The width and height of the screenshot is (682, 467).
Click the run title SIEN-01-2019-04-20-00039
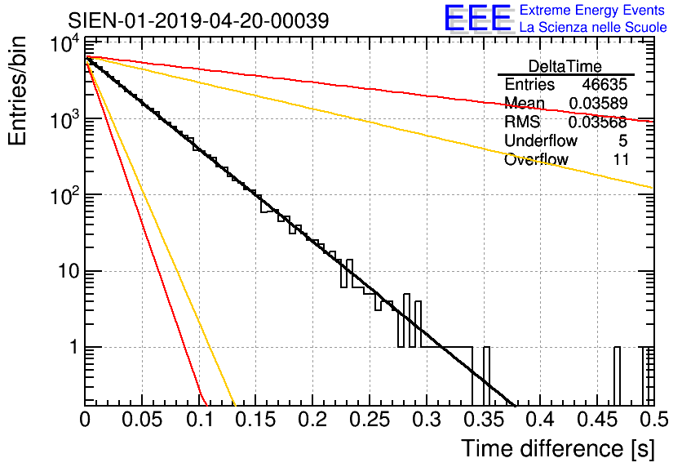[198, 20]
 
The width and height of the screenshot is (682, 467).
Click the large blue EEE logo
[477, 19]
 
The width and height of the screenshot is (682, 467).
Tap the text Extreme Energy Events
[593, 11]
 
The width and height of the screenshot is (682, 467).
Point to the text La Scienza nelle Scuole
[593, 28]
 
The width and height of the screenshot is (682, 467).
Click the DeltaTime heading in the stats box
[565, 66]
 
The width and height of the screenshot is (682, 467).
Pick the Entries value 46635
[605, 85]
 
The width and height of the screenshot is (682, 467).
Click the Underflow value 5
[623, 141]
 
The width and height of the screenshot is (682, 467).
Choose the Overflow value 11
[621, 160]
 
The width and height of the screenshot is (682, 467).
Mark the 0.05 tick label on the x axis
[143, 420]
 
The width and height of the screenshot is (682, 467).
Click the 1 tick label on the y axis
[73, 348]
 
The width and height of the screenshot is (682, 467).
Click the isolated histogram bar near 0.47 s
[617, 376]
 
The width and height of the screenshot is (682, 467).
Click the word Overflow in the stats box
[536, 160]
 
